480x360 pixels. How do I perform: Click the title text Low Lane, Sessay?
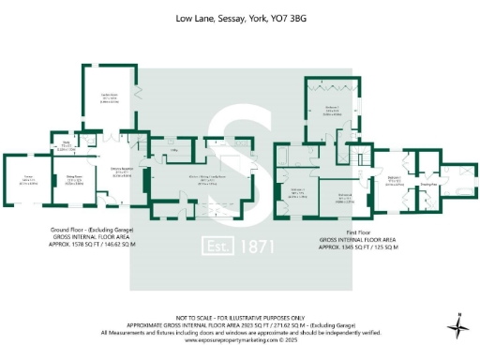(x=240, y=18)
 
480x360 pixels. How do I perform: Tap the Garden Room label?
(x=109, y=96)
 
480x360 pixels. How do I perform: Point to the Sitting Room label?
(x=71, y=181)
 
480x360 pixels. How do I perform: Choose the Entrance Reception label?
(x=120, y=171)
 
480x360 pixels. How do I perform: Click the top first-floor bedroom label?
(x=332, y=110)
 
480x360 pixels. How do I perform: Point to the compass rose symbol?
(x=458, y=327)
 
